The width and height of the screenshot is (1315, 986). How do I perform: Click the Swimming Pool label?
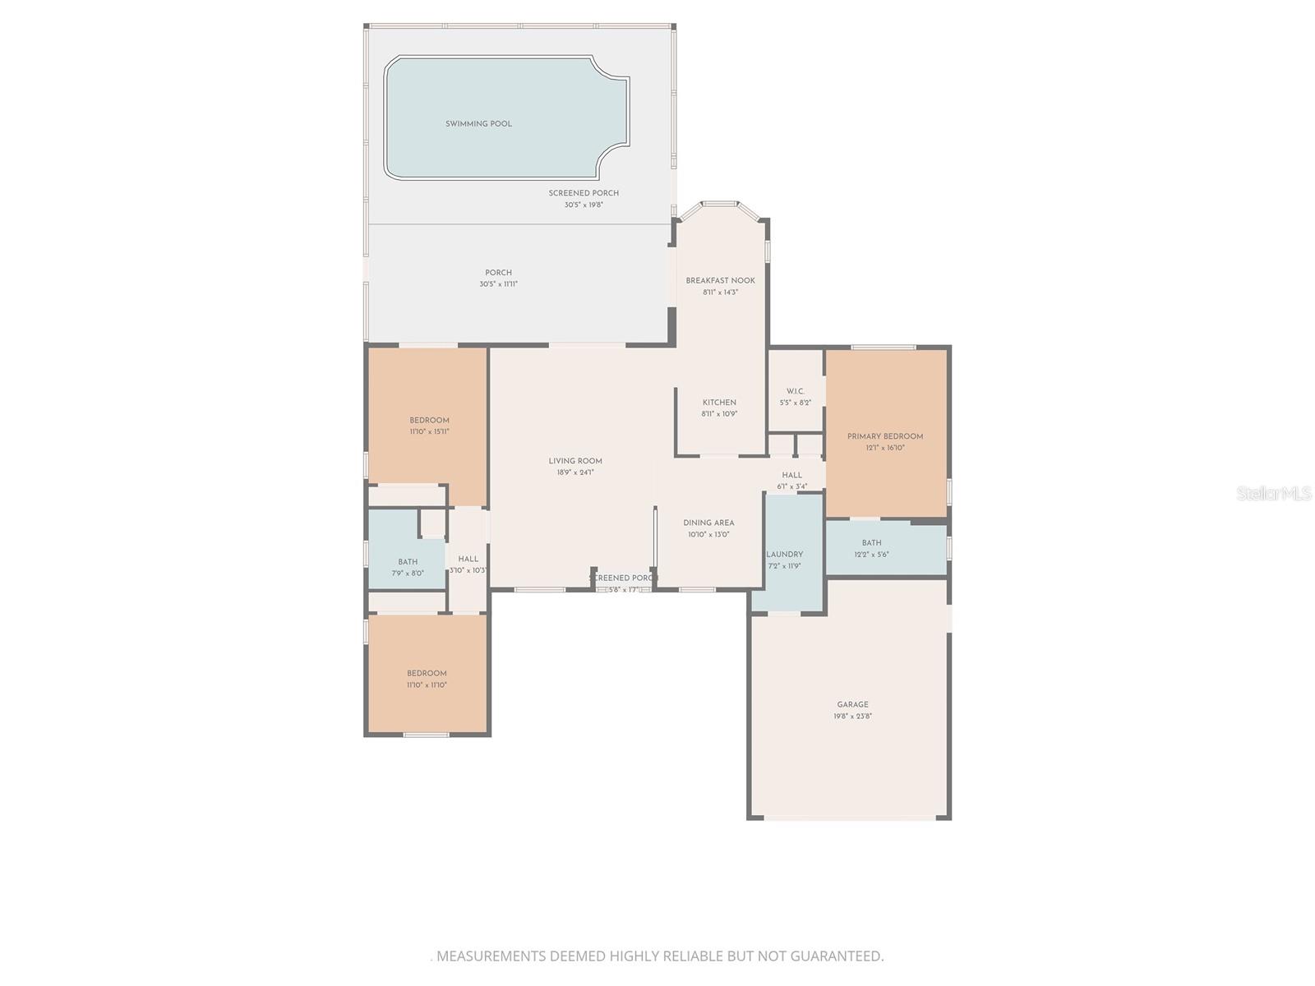[x=478, y=124]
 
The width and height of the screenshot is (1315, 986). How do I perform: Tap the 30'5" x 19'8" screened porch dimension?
[x=584, y=205]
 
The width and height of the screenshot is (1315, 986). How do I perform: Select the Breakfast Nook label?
[x=720, y=280]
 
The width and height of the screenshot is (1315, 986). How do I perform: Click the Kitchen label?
[x=719, y=403]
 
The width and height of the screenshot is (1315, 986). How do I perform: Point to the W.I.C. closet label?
[x=795, y=391]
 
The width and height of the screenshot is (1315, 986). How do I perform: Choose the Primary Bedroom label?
[x=885, y=436]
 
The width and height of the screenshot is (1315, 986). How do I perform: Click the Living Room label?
[x=575, y=461]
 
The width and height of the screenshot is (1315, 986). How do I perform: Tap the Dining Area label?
[x=708, y=523]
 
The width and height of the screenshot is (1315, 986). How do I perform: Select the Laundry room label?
[x=784, y=554]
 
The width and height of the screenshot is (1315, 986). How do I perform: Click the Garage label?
[x=852, y=704]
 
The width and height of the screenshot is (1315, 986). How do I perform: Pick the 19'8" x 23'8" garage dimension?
[x=852, y=716]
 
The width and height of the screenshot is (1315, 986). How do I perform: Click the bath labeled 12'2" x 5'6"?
[x=871, y=543]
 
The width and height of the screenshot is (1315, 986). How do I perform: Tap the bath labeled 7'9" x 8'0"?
[x=408, y=562]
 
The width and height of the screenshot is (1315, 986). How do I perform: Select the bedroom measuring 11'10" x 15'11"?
[x=429, y=421]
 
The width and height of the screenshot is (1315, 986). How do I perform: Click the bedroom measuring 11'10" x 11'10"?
[x=427, y=674]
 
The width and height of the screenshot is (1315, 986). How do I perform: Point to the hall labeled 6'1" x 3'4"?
[x=791, y=475]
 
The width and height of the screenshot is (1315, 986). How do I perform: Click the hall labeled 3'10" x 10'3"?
[x=468, y=559]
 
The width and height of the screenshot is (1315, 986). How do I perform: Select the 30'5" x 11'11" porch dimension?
[x=498, y=284]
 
